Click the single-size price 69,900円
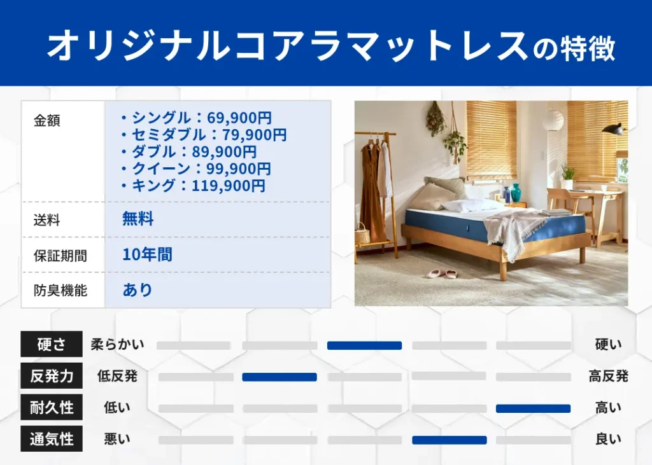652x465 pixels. (236, 118)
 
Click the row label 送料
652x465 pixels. (46, 220)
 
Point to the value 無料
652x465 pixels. (138, 219)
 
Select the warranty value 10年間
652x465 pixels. (147, 255)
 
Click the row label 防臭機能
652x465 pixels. (60, 291)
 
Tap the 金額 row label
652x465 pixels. (46, 121)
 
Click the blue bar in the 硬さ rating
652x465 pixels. (364, 345)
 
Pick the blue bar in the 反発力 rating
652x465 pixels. (279, 377)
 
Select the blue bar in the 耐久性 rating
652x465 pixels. (533, 408)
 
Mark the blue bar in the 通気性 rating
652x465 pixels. (449, 440)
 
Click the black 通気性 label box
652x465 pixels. (52, 439)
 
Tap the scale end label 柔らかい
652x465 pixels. (117, 345)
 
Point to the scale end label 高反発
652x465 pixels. (608, 376)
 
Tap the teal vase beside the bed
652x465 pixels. (516, 192)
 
